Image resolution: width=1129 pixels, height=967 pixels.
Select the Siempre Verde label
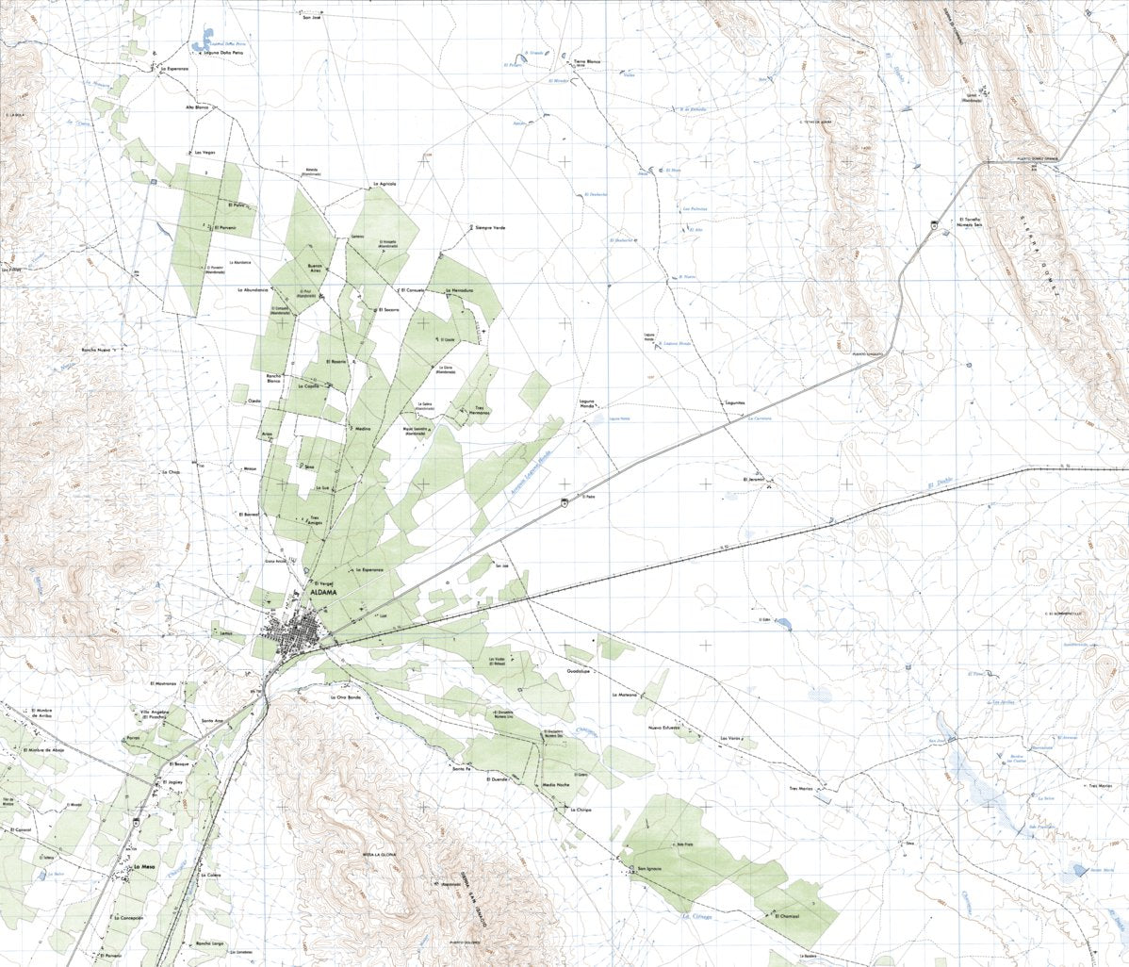point(490,228)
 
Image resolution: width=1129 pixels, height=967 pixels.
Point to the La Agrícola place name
point(386,183)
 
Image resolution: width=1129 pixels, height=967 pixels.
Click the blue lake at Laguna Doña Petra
point(200,44)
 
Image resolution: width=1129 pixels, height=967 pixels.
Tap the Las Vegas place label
point(205,152)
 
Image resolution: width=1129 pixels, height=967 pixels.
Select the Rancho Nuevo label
point(97,350)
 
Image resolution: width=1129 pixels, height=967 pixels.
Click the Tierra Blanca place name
point(587,61)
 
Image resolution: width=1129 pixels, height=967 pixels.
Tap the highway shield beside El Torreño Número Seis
point(933,224)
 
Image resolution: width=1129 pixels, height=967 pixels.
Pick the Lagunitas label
point(735,402)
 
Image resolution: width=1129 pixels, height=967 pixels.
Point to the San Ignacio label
point(650,868)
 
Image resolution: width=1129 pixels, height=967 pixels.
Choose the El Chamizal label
point(788,915)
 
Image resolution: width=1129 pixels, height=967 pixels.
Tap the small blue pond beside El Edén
point(785,623)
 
